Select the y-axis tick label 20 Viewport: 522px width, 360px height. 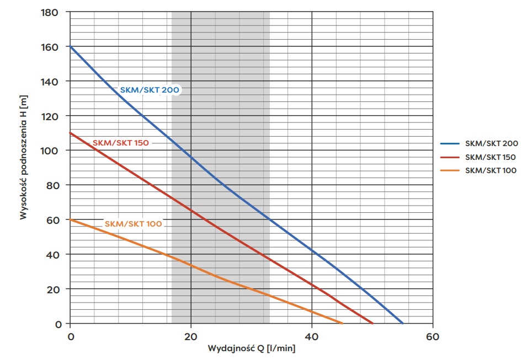pos(55,289)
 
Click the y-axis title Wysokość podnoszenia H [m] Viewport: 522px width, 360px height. pos(23,157)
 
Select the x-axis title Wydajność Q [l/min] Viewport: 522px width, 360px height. pos(252,349)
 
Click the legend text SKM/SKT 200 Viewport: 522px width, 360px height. pos(491,143)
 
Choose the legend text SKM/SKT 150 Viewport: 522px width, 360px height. pos(491,157)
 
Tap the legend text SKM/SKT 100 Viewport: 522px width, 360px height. pos(491,170)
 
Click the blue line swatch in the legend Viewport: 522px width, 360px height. pos(450,143)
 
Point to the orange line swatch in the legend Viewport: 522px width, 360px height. pos(450,170)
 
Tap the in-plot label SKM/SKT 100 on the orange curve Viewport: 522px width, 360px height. pos(133,224)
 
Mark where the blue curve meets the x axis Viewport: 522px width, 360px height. pos(403,323)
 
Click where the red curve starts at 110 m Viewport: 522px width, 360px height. pos(71,133)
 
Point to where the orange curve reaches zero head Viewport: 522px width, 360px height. pos(342,323)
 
